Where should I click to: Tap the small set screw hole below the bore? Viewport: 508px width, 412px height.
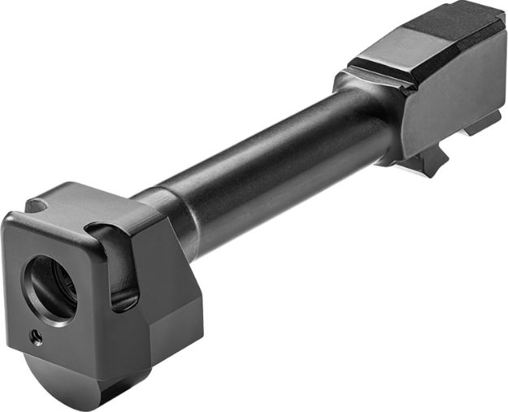point(35,336)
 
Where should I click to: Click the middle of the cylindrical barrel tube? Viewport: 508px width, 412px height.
point(268,154)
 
